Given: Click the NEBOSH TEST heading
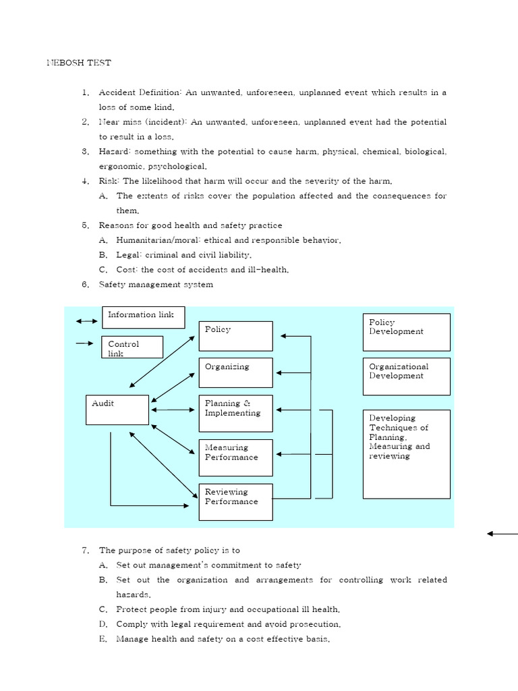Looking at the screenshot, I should (x=78, y=63).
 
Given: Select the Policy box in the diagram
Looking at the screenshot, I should (x=235, y=336).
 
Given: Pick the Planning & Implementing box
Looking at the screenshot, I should (x=235, y=413).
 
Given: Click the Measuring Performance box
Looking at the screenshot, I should (x=235, y=458).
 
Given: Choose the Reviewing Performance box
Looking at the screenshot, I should (x=235, y=502).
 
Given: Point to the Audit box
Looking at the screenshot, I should (x=117, y=410).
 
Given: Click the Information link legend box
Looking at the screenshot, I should (x=143, y=316).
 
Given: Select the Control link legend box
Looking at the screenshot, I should (x=132, y=347).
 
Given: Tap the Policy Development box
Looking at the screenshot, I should (x=406, y=332).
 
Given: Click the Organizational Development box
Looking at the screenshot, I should (x=406, y=376).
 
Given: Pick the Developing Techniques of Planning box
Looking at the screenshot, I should (x=406, y=454).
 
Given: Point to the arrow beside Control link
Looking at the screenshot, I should (x=84, y=343).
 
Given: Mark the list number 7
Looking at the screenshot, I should (x=85, y=551).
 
